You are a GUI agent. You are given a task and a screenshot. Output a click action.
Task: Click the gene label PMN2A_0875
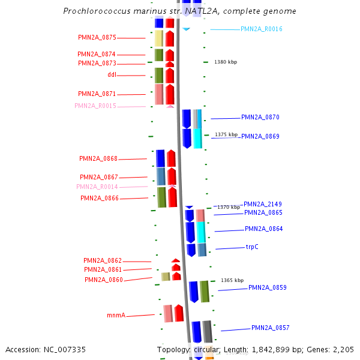(x=97, y=37)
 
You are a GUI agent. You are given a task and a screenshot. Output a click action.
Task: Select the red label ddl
(x=112, y=75)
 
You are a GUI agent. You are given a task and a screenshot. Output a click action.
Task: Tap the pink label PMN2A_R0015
(x=95, y=106)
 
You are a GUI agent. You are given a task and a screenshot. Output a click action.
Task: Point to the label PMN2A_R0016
(x=262, y=29)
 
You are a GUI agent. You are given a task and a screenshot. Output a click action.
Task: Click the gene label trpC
(x=252, y=247)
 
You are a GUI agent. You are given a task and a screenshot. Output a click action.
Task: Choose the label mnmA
(x=116, y=315)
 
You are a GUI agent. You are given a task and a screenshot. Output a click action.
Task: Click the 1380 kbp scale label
(x=226, y=62)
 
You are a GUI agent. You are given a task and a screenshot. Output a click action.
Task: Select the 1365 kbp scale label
(x=232, y=280)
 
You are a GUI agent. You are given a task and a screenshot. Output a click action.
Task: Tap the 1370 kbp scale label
(x=229, y=207)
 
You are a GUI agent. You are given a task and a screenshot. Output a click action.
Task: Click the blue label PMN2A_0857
(x=271, y=328)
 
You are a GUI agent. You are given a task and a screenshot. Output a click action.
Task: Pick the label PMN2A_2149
(x=263, y=204)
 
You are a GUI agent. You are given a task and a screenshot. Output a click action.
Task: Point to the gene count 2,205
(x=344, y=350)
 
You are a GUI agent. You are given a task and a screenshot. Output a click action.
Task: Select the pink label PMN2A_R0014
(x=97, y=187)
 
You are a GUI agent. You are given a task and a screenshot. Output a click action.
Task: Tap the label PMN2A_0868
(x=98, y=159)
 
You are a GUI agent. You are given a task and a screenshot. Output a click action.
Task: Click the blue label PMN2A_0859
(x=268, y=288)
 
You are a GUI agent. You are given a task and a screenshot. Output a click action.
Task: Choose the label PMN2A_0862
(x=103, y=261)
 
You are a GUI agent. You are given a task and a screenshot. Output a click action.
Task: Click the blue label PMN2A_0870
(x=260, y=118)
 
